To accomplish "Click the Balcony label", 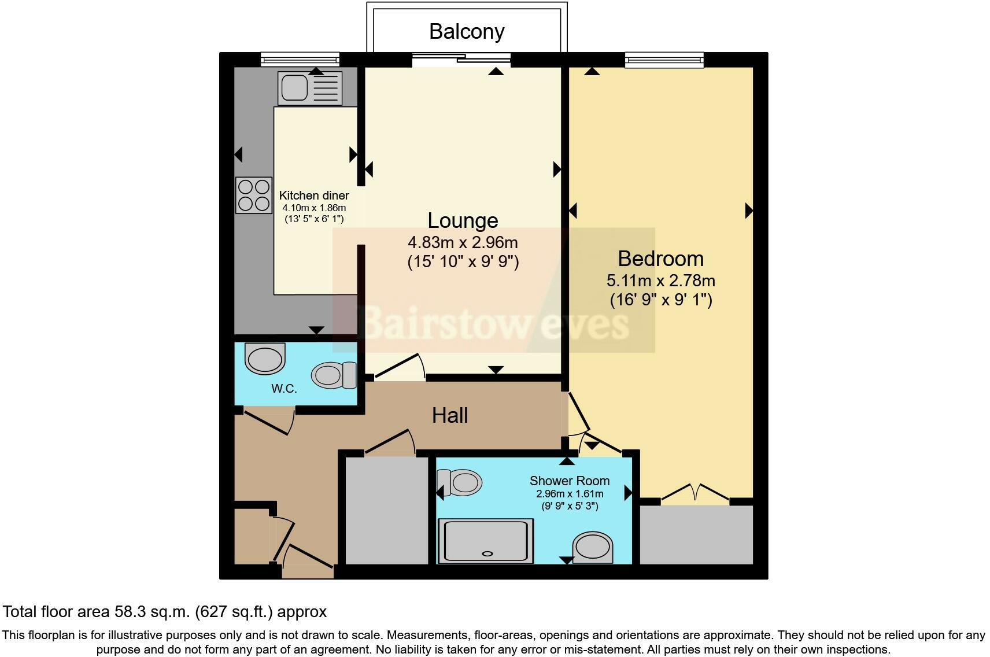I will (467, 31).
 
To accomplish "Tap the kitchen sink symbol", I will (309, 88).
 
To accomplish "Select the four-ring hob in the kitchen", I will (254, 195).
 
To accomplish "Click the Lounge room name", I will (463, 220).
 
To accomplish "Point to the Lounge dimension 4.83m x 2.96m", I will (463, 242).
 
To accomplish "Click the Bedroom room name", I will (660, 259).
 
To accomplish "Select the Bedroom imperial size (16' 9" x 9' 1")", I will (660, 300).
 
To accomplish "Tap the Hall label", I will (450, 415).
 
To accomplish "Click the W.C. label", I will (284, 389).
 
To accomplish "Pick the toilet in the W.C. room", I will (335, 375).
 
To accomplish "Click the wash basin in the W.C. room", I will (265, 358).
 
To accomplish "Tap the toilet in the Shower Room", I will (460, 482).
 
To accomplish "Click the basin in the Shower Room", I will (592, 547).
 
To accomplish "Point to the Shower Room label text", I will (570, 481).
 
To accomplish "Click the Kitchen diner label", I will (314, 195).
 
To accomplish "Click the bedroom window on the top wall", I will (664, 60).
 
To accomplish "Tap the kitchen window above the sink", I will (300, 59).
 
